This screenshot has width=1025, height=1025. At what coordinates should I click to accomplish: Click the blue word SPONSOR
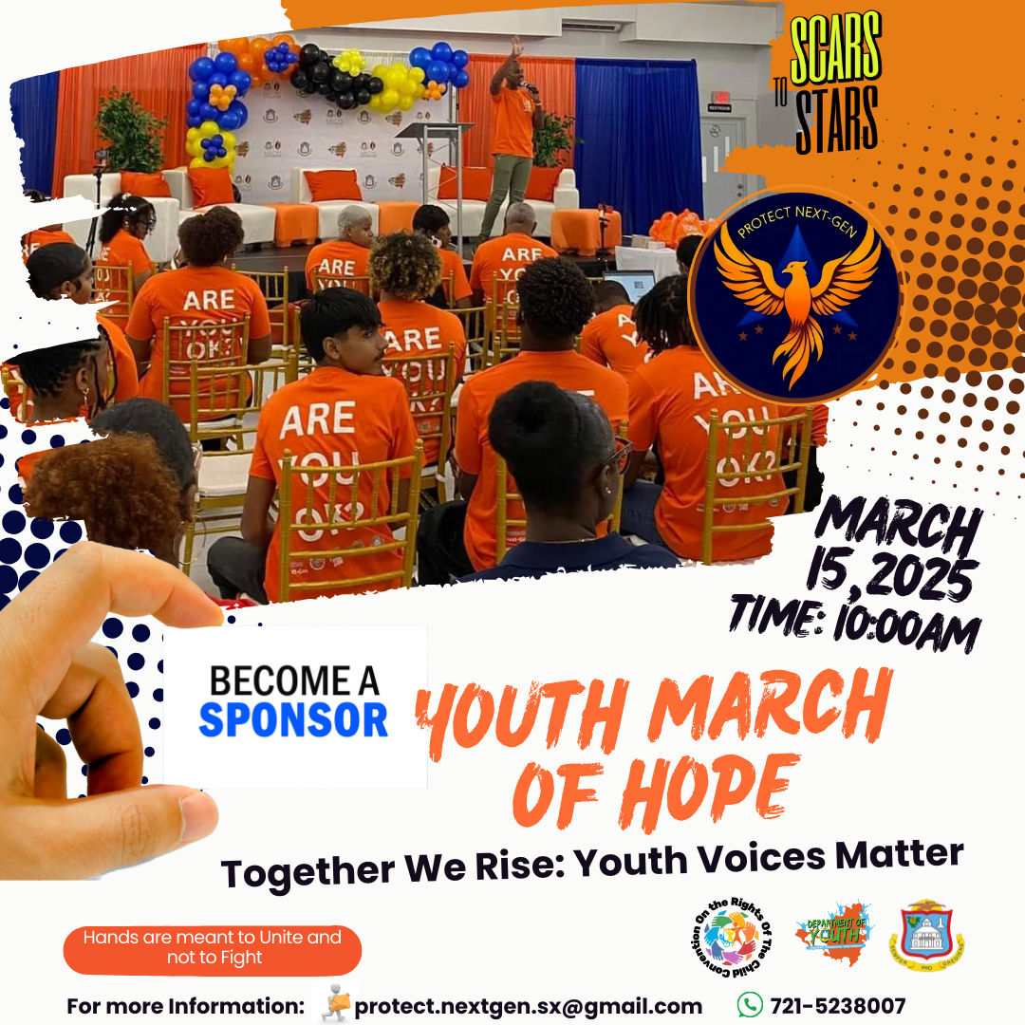tap(293, 719)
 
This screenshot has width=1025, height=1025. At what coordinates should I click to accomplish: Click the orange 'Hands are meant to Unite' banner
tap(213, 948)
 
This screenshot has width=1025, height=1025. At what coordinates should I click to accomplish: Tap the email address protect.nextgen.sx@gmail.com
tap(528, 1006)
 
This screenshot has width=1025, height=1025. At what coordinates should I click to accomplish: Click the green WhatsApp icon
tap(750, 1004)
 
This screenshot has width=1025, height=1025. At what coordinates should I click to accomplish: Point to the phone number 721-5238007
tap(838, 1006)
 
